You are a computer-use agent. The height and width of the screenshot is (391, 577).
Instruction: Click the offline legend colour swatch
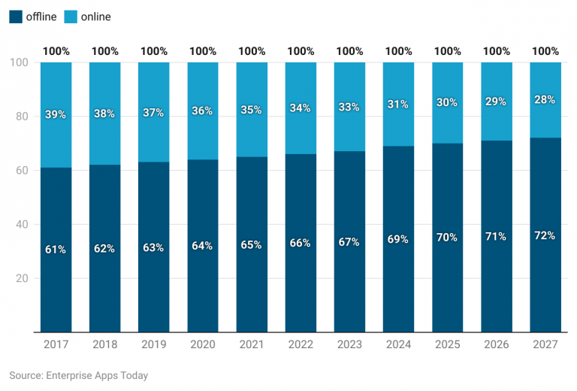16,17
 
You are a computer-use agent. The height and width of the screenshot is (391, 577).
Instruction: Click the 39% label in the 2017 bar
56,115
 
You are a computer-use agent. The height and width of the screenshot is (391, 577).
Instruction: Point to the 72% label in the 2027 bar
545,235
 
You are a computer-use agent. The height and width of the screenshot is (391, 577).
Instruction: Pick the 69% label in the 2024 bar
398,239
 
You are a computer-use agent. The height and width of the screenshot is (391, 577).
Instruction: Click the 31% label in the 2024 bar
398,105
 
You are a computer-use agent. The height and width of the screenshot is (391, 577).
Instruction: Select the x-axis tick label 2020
202,344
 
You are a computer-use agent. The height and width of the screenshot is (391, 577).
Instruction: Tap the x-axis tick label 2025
447,344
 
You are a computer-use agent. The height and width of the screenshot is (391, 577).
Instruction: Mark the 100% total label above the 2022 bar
301,51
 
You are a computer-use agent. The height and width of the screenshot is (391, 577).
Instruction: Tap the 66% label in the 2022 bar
301,243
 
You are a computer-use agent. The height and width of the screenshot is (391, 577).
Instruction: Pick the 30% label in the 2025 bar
447,103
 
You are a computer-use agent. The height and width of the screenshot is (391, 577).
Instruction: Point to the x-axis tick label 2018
104,344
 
